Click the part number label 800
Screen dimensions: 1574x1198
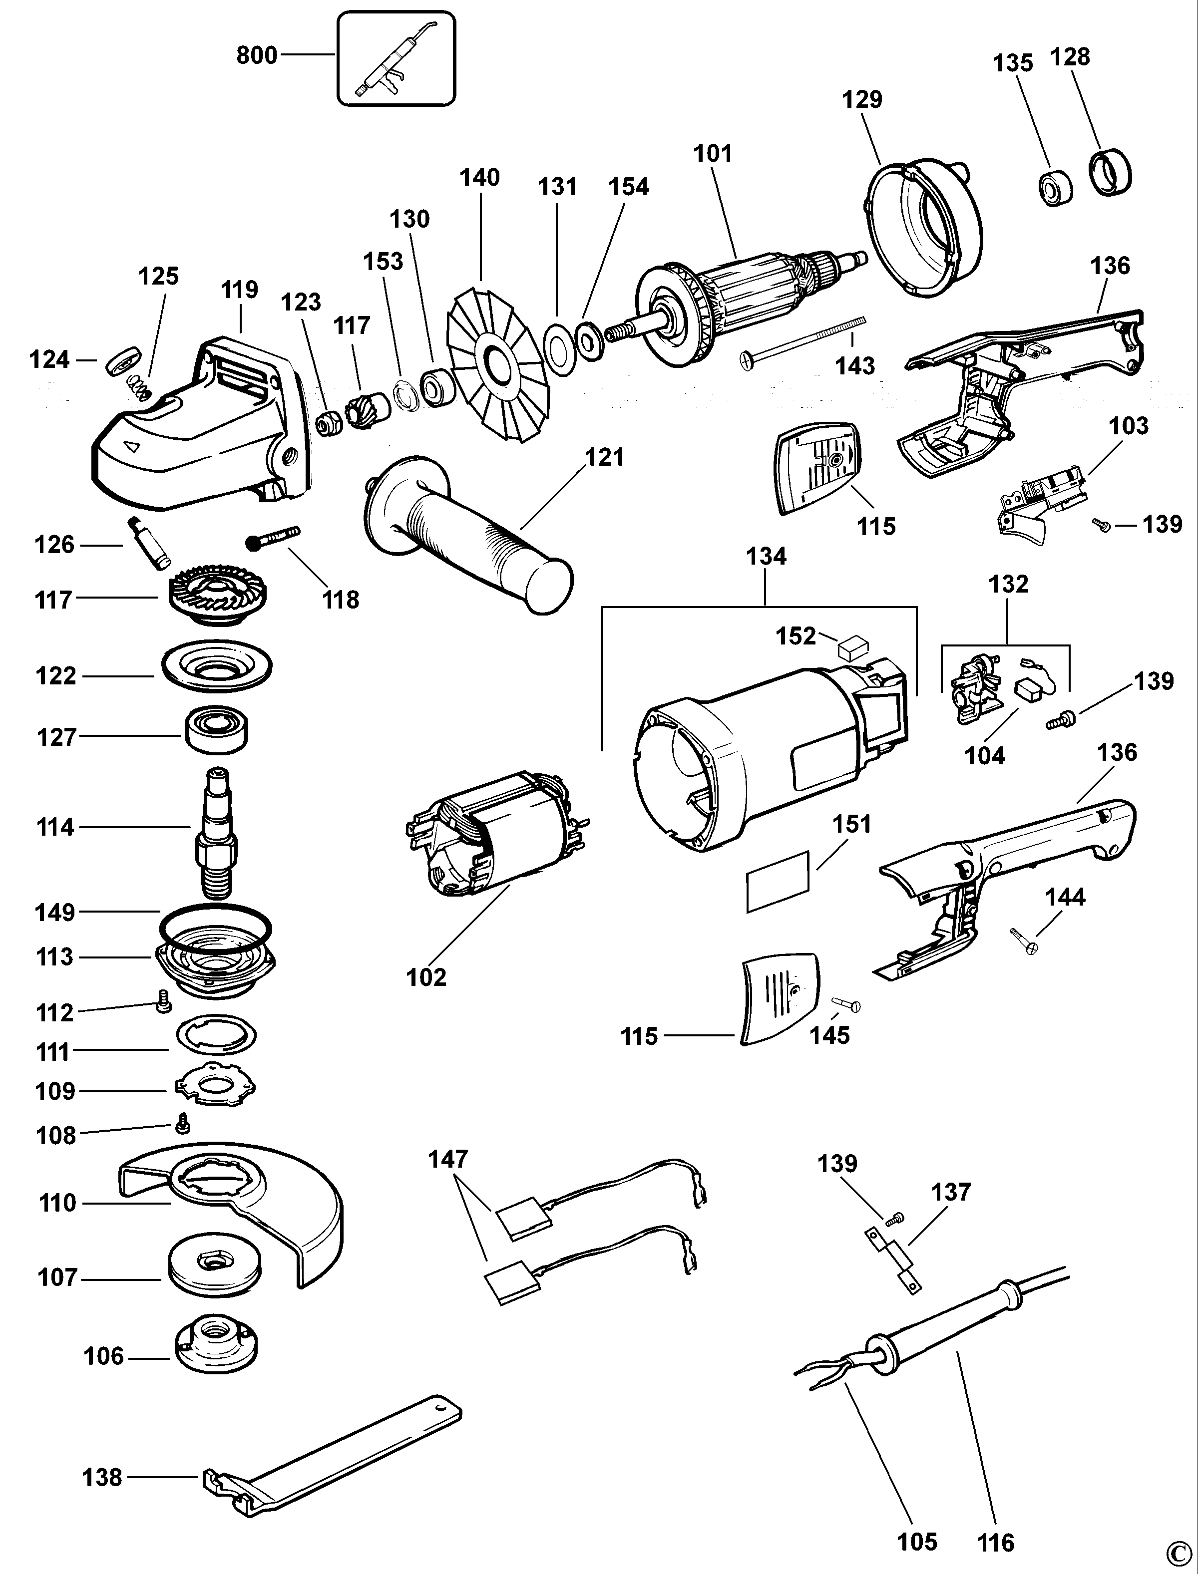point(256,55)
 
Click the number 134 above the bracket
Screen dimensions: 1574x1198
point(766,556)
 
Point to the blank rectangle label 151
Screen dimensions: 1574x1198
point(777,881)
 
